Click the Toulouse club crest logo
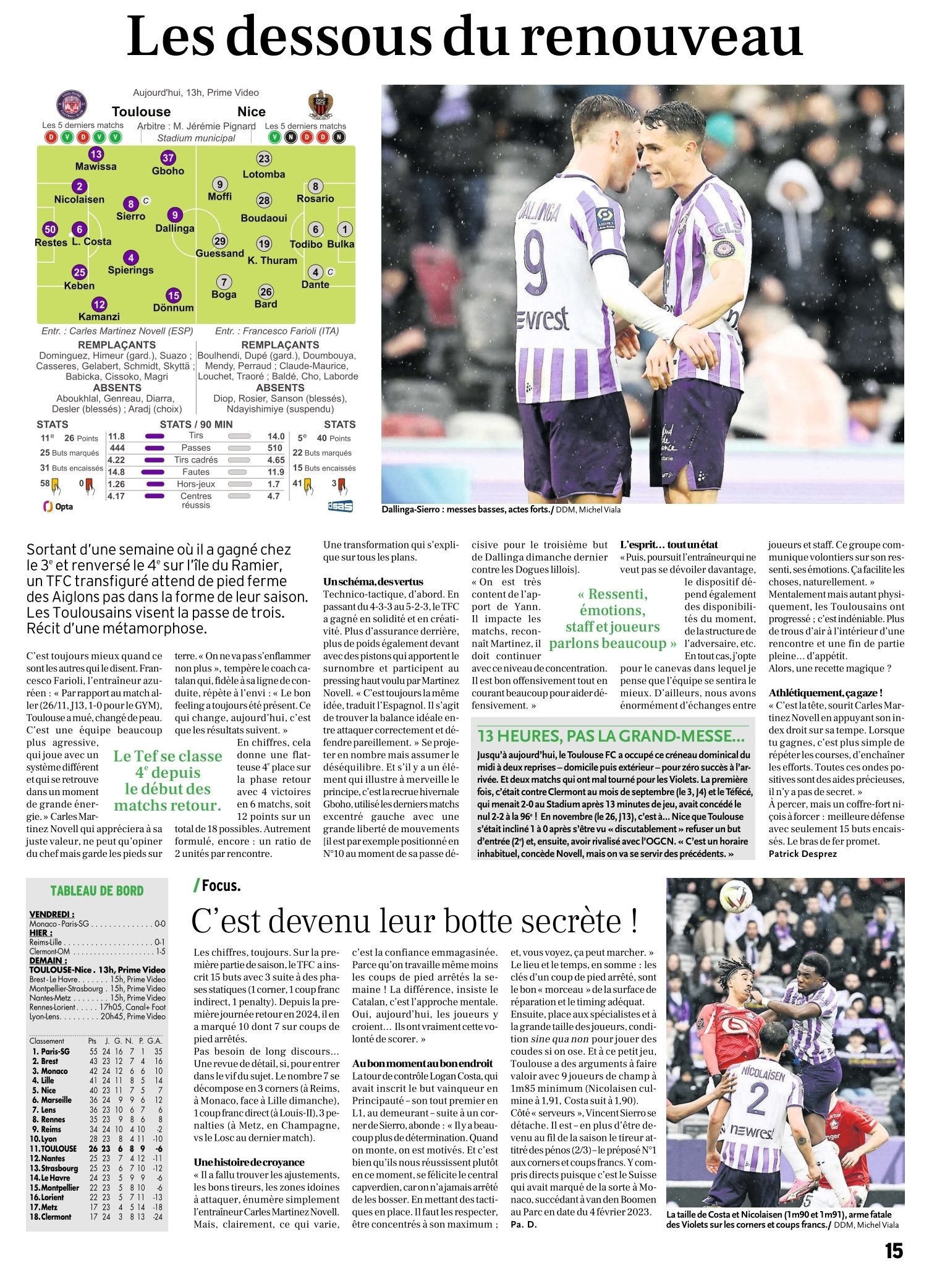click(72, 105)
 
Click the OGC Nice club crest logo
click(321, 106)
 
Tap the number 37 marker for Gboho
click(168, 158)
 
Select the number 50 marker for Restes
click(50, 229)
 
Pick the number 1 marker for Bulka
click(345, 229)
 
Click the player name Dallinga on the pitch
click(175, 228)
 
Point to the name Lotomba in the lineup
click(264, 174)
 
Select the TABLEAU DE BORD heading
click(97, 891)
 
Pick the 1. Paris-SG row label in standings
click(51, 1051)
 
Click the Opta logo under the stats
click(58, 506)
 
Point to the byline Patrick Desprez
click(803, 854)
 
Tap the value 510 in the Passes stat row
click(275, 448)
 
